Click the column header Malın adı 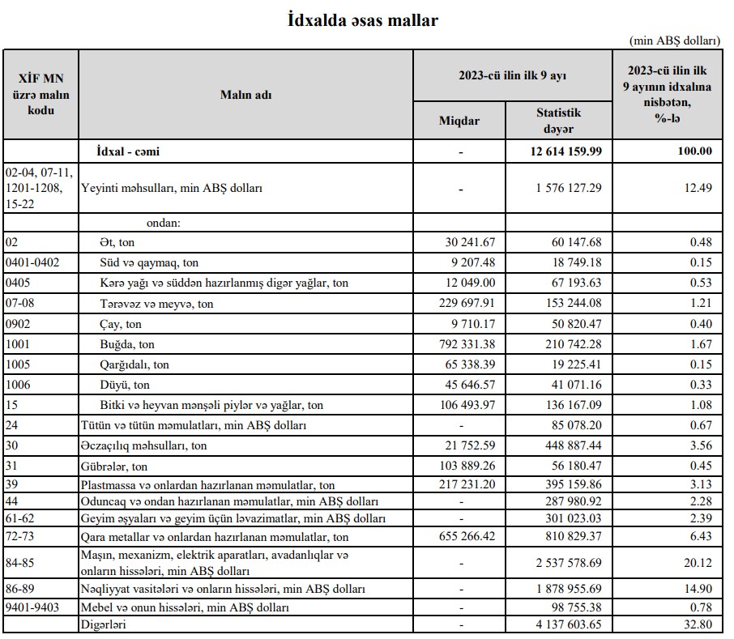[245, 94]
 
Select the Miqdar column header [459, 121]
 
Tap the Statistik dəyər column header [558, 121]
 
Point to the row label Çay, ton [121, 324]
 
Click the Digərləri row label [104, 624]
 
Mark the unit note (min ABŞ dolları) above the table [674, 40]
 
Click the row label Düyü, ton [124, 385]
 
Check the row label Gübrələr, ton [115, 466]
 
